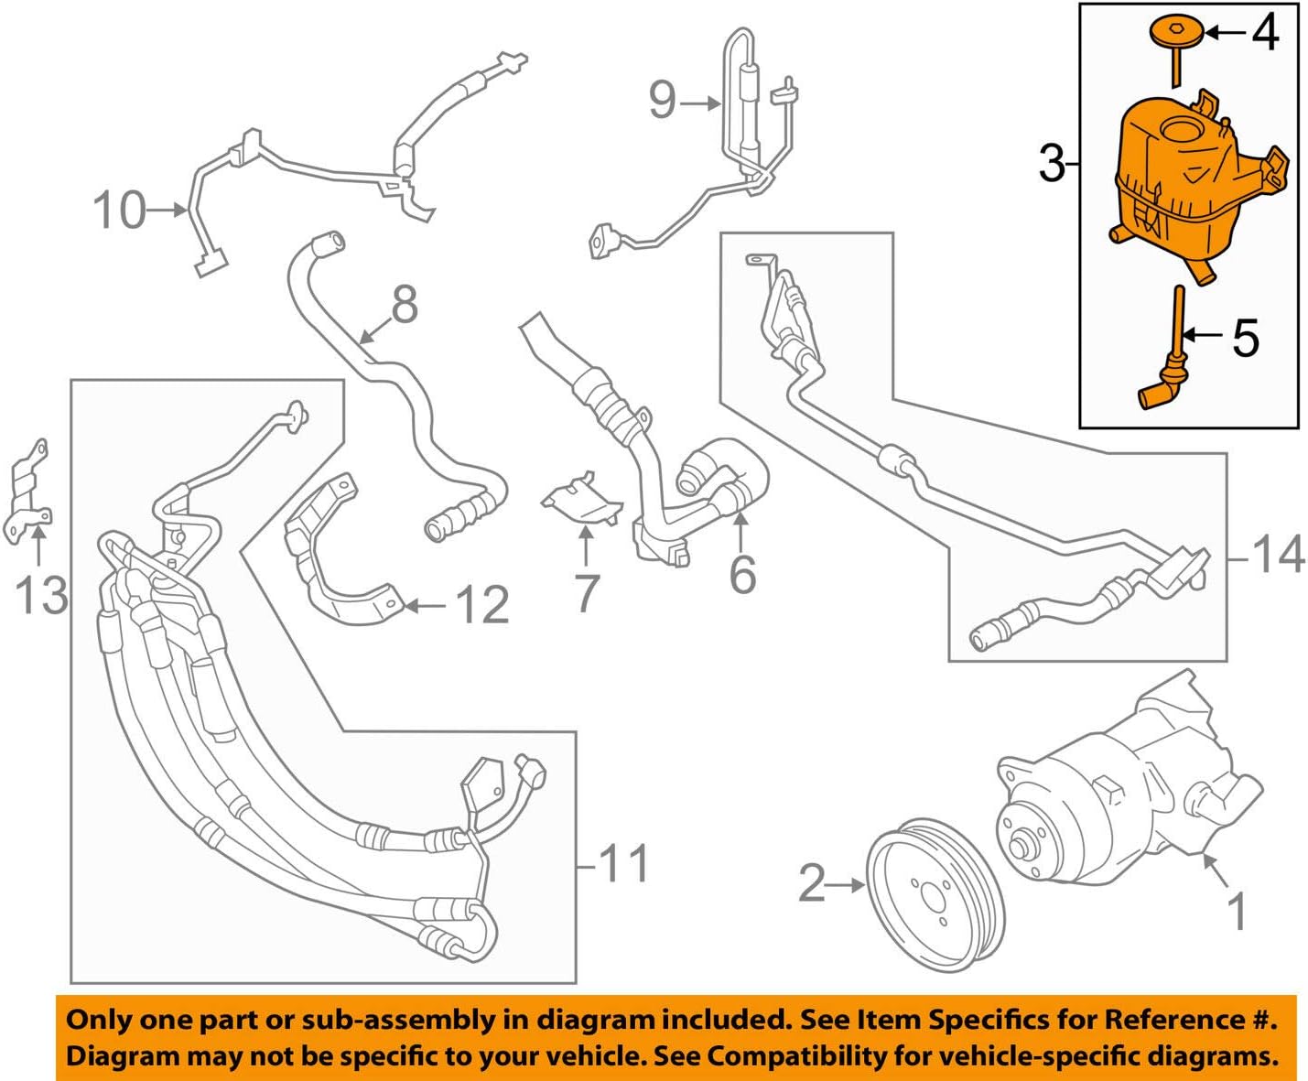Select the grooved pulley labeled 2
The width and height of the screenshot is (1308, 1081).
coord(935,901)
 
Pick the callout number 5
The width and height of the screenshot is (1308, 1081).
coord(1246,338)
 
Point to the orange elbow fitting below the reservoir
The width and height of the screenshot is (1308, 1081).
coord(1158,392)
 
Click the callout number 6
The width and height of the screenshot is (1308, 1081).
coord(742,574)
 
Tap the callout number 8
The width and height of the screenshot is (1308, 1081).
coord(404,304)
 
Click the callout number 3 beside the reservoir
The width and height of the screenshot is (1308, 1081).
coord(1053,164)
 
